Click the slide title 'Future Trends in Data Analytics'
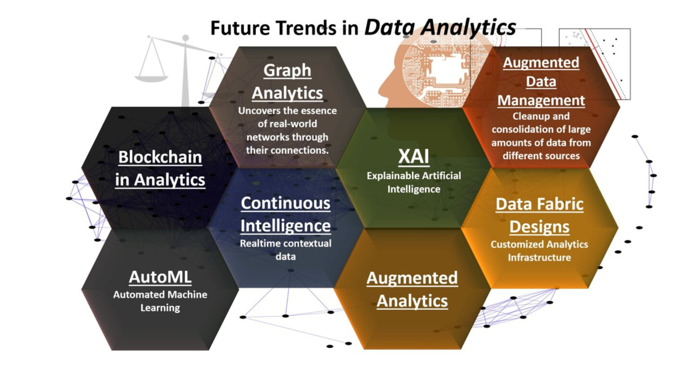[x=363, y=27]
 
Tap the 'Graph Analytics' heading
[x=287, y=81]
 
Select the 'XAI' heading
[x=412, y=156]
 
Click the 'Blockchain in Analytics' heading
[x=161, y=169]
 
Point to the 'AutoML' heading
[x=160, y=277]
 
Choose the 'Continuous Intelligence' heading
[x=285, y=214]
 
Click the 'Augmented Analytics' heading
[x=412, y=290]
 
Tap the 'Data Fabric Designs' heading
[x=539, y=215]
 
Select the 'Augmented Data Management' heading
[x=541, y=82]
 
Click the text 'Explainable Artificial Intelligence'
[x=413, y=182]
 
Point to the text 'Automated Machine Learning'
[x=160, y=301]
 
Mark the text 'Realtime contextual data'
[x=285, y=250]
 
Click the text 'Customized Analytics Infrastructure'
[x=539, y=251]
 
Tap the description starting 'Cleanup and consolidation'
[x=541, y=136]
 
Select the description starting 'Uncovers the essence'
[x=287, y=130]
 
